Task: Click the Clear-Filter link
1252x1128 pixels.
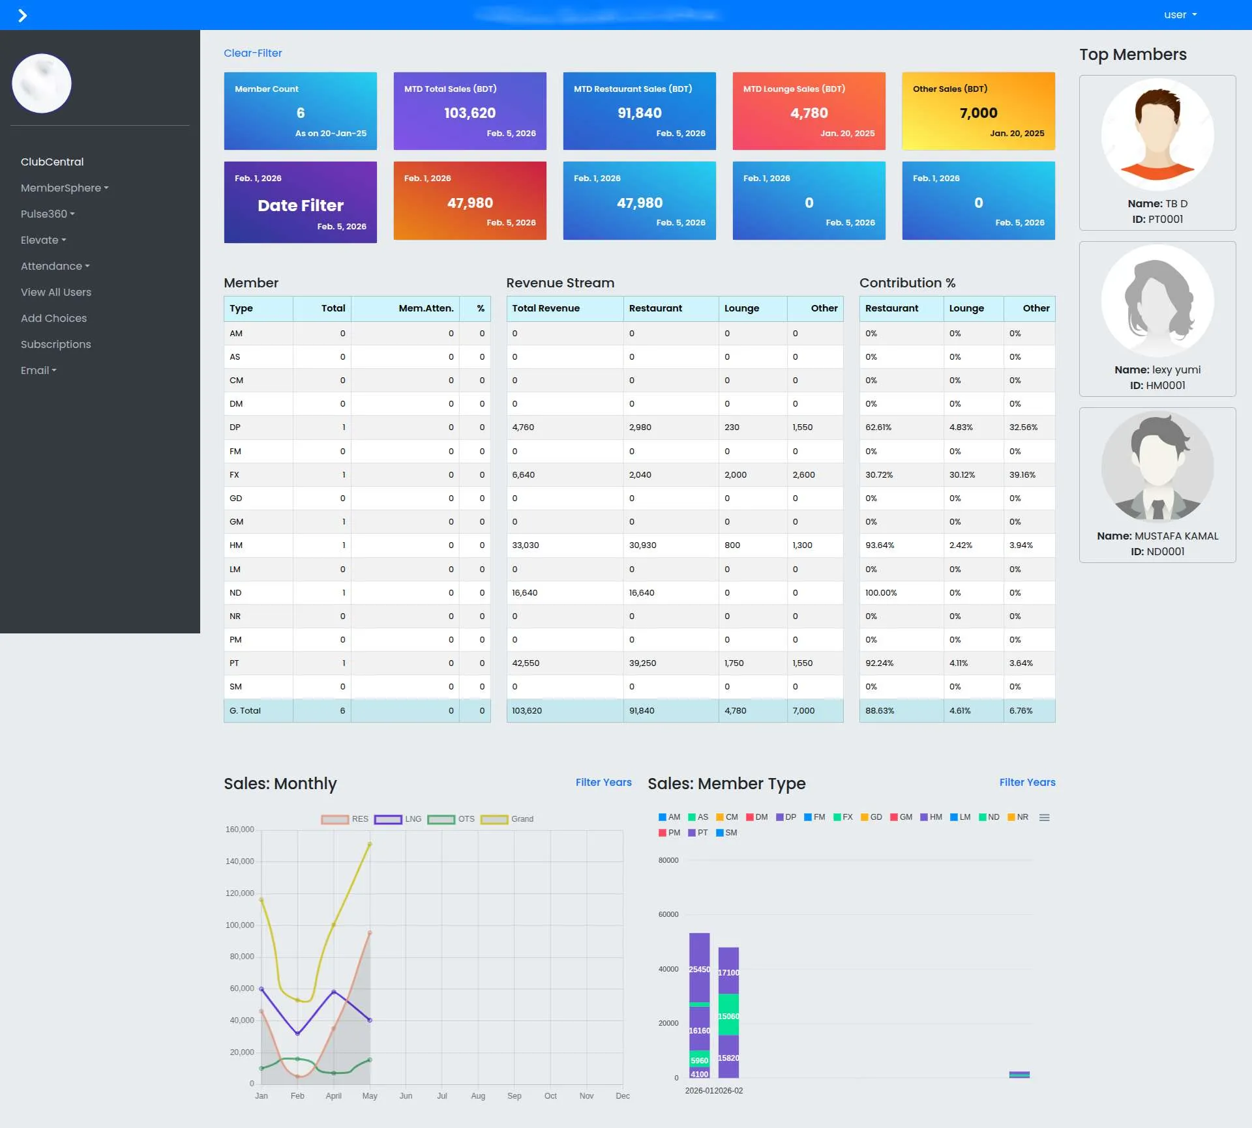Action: (x=252, y=53)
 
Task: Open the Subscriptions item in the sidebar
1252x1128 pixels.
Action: (x=55, y=344)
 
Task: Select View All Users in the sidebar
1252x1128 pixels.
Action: (x=55, y=292)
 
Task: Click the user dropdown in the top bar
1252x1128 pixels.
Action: (x=1180, y=15)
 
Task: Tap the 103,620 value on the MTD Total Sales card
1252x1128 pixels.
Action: (x=469, y=113)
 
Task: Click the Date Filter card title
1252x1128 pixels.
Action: (x=300, y=205)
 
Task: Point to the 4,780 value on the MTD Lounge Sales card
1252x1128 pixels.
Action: (x=809, y=113)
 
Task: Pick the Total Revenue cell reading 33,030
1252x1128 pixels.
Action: (x=526, y=545)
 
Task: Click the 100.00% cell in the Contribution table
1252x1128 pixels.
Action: (x=881, y=593)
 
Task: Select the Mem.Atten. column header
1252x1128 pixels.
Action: (x=426, y=308)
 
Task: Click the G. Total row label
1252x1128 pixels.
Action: (x=245, y=711)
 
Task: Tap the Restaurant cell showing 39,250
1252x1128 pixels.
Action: (x=642, y=663)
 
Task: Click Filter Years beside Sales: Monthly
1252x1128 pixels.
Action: (x=603, y=782)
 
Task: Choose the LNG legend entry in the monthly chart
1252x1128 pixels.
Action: (x=398, y=819)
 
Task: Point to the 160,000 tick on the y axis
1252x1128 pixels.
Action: (x=239, y=830)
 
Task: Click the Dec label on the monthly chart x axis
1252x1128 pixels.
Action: (x=622, y=1096)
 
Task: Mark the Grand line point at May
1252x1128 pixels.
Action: (x=370, y=845)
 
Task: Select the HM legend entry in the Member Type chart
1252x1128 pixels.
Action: (x=931, y=817)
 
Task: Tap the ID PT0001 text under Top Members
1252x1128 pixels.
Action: (x=1157, y=220)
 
